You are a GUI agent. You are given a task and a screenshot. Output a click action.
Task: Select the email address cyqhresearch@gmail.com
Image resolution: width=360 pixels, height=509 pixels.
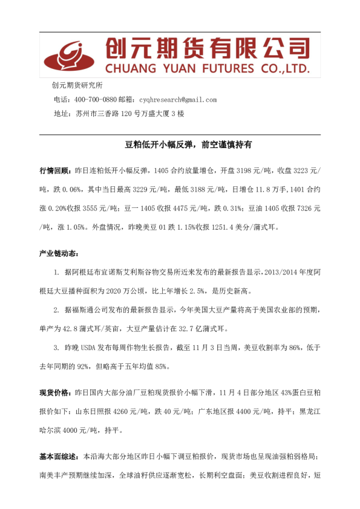[x=177, y=100]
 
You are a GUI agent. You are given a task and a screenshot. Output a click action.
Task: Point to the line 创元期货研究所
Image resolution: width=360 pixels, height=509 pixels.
[x=77, y=85]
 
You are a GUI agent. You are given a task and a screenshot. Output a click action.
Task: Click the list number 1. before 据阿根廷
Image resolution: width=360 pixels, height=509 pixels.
[x=57, y=273]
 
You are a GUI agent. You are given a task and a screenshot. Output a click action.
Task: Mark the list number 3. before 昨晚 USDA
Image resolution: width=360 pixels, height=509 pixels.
[x=57, y=349]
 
